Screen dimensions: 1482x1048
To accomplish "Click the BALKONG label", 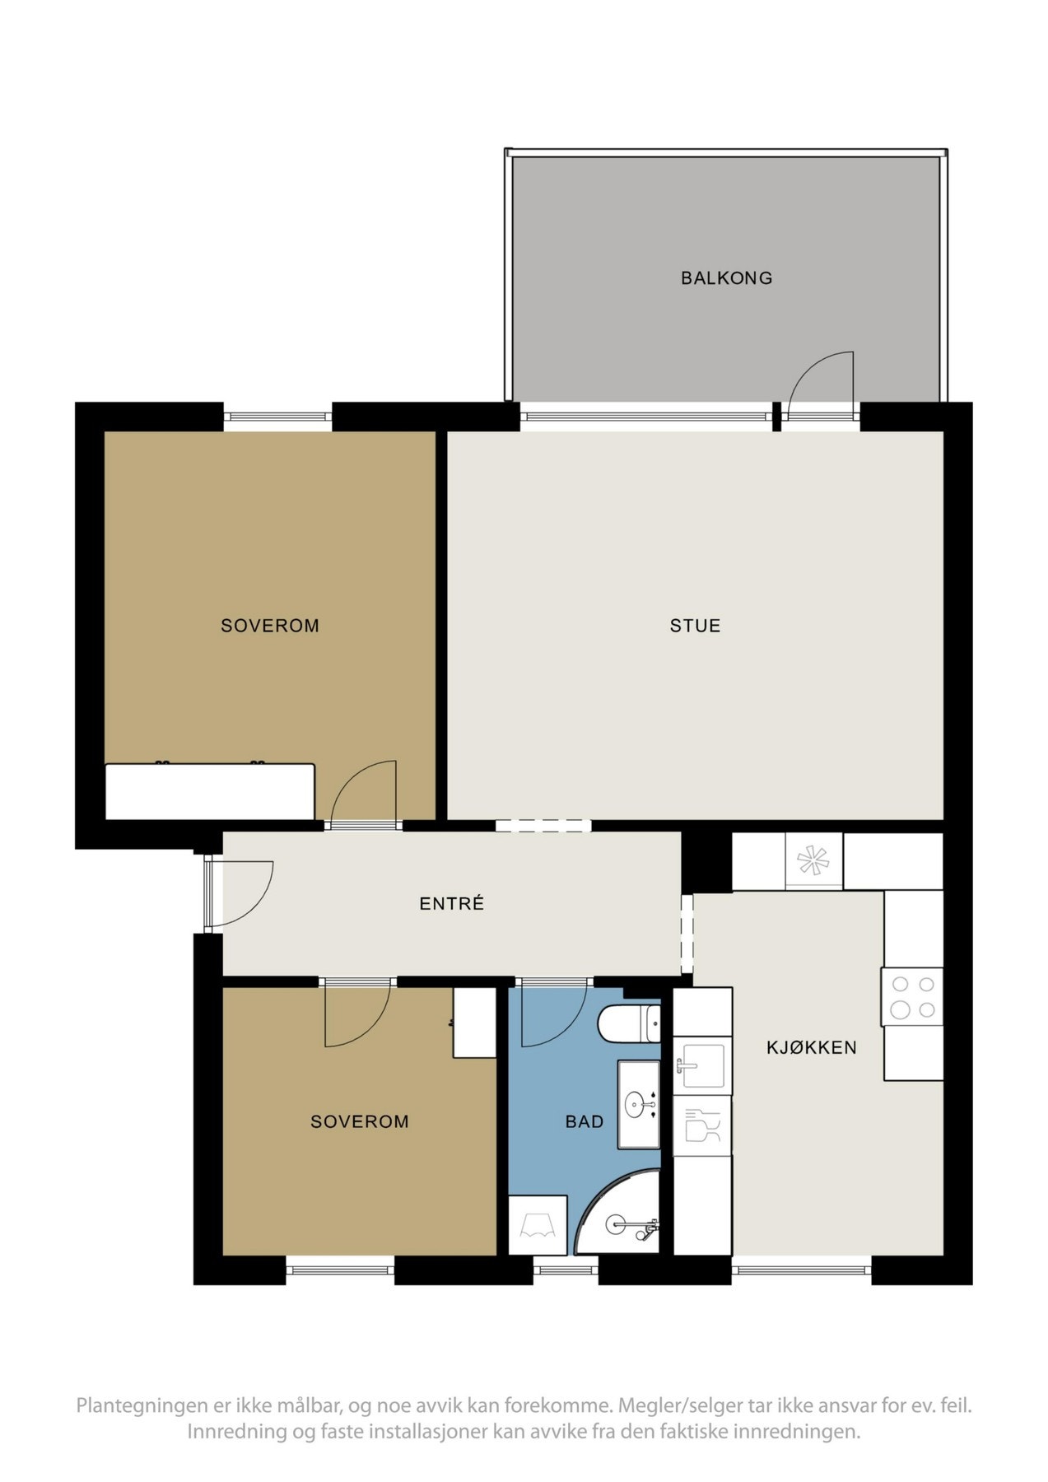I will tap(726, 278).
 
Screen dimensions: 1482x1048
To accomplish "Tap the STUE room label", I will tap(695, 626).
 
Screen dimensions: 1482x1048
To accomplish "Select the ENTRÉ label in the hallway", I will tap(451, 904).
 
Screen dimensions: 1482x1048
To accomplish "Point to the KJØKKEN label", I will tap(811, 1047).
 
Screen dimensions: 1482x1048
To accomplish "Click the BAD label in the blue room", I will tap(585, 1121).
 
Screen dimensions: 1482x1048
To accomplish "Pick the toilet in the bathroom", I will tap(630, 1023).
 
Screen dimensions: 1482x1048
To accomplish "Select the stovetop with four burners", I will tap(912, 996).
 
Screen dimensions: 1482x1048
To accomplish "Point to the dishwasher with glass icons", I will tap(702, 1125).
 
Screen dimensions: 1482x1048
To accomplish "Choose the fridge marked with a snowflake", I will tap(813, 861).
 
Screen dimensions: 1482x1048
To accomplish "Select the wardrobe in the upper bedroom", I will tap(210, 791).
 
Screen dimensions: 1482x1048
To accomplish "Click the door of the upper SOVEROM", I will tap(365, 795).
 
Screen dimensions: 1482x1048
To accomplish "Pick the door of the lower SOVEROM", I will tap(356, 1015).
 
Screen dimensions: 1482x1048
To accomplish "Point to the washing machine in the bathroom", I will tap(538, 1225).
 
